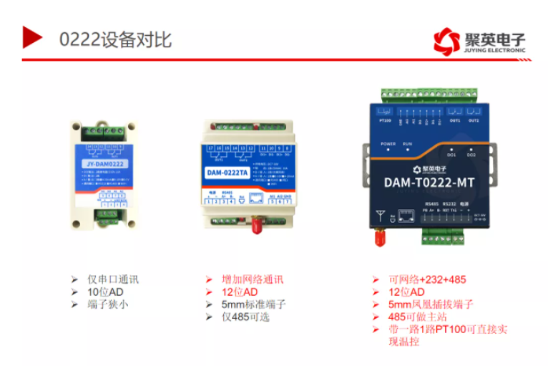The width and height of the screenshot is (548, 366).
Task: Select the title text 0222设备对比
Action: [x=115, y=39]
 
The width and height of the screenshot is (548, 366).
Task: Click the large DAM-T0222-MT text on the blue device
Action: [x=429, y=182]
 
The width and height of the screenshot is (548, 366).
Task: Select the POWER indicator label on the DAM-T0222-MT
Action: [x=388, y=143]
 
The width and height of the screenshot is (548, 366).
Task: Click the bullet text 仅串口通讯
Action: [x=112, y=279]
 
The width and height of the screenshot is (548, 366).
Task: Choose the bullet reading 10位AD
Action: [x=106, y=292]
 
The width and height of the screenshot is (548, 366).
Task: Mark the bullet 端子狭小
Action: [x=107, y=304]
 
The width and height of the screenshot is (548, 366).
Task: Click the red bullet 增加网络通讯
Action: [x=253, y=279]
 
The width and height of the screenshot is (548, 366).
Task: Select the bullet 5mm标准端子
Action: [x=253, y=304]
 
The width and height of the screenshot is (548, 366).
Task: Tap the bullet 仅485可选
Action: [x=246, y=317]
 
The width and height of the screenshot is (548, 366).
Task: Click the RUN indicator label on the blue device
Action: [x=408, y=143]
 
